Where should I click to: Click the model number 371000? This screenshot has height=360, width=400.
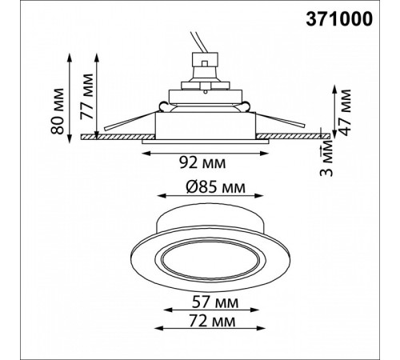339,19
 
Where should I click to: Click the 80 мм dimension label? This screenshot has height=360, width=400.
58,111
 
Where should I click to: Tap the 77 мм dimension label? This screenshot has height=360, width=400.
87,96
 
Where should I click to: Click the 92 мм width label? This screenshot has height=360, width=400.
202,162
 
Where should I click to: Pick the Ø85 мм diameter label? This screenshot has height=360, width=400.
215,187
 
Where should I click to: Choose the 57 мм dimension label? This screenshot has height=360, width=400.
215,303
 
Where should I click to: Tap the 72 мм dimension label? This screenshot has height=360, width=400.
212,321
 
